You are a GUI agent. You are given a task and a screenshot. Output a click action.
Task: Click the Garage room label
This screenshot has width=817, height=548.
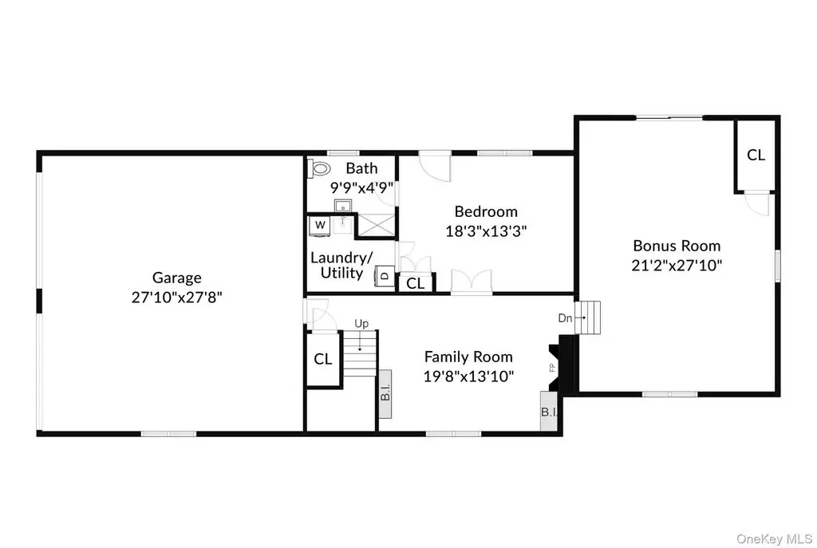coord(176,278)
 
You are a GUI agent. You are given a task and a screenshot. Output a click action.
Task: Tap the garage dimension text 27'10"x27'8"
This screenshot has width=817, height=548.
coord(176,298)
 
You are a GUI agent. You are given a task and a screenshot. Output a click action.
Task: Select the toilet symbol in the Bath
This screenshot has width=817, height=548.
coord(321,169)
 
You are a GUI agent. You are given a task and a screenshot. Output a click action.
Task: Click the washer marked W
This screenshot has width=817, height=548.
coord(319,226)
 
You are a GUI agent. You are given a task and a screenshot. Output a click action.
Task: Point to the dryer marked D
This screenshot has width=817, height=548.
coord(385,275)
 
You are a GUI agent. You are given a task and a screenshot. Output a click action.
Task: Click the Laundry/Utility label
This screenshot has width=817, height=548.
coord(341,265)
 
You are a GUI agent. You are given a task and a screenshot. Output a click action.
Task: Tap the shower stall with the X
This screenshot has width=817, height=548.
coord(376,225)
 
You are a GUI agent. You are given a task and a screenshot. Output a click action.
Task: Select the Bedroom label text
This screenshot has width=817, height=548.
coord(486,211)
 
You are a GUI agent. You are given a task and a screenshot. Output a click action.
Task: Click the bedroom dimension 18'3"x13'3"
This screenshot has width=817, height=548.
coord(486,231)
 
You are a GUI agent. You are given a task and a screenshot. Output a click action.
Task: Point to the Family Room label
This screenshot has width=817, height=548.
coord(468,357)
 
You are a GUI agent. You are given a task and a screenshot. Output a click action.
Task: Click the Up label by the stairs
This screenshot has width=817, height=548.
coord(361,324)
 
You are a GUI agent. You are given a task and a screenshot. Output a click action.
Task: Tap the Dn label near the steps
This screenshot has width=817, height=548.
coord(565,317)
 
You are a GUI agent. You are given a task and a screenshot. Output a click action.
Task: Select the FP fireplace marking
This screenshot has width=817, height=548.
coord(552,368)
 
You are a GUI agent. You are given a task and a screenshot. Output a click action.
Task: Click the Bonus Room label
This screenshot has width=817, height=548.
coord(677,246)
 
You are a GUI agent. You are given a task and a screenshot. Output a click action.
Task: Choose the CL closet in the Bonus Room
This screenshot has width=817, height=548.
coord(756,156)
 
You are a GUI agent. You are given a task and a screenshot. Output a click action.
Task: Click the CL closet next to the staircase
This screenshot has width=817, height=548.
coord(323,359)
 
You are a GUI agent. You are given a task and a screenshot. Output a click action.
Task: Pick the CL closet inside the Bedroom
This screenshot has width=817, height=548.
coord(415,283)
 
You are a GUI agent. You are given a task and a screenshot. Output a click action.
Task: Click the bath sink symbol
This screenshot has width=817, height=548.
coord(343,206)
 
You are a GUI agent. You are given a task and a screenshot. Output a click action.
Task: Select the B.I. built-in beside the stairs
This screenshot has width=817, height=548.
coord(385,394)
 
